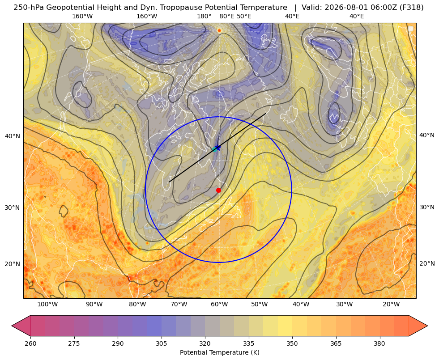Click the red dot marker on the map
pyautogui.click(x=218, y=190)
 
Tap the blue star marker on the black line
pyautogui.click(x=218, y=148)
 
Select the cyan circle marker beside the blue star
pyautogui.click(x=215, y=149)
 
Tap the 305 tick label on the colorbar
pyautogui.click(x=161, y=343)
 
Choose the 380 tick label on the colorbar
pyautogui.click(x=379, y=343)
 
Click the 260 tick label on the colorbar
pyautogui.click(x=30, y=343)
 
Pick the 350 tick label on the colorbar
pyautogui.click(x=292, y=343)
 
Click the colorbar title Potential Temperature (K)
pyautogui.click(x=219, y=352)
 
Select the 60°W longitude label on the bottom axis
pyautogui.click(x=219, y=305)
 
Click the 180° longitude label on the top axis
pyautogui.click(x=204, y=16)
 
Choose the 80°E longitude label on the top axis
pyautogui.click(x=226, y=16)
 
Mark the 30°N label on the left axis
pyautogui.click(x=13, y=208)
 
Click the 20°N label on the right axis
pyautogui.click(x=427, y=263)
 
